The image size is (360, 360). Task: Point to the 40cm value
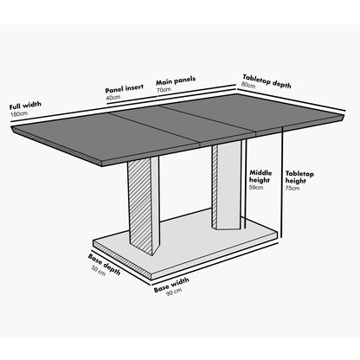point(113,98)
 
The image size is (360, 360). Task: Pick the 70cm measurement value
point(164,89)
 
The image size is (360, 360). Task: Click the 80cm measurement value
point(247,86)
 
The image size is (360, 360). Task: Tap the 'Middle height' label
point(260,177)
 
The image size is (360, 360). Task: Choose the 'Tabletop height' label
point(300,178)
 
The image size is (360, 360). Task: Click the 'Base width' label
point(173,284)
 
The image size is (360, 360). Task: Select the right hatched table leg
point(226,186)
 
